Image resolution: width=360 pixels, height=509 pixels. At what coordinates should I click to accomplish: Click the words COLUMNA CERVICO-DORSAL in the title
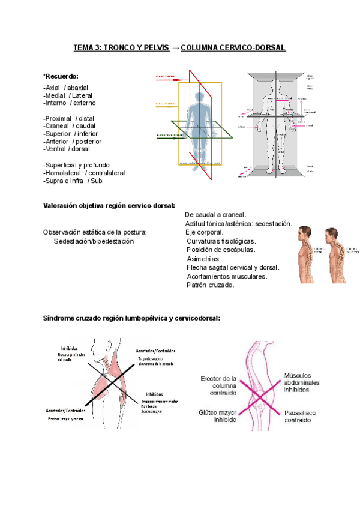pyautogui.click(x=233, y=47)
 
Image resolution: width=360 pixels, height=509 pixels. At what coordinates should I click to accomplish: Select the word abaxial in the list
pyautogui.click(x=76, y=88)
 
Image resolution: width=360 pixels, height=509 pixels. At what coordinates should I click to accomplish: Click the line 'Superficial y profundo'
pyautogui.click(x=76, y=165)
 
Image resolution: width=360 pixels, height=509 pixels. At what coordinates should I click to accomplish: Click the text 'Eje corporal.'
pyautogui.click(x=205, y=232)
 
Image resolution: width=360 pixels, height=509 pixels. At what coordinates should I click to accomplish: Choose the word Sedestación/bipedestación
pyautogui.click(x=94, y=241)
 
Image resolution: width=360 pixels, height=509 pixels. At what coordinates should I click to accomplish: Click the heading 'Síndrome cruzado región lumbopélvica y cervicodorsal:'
pyautogui.click(x=131, y=318)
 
